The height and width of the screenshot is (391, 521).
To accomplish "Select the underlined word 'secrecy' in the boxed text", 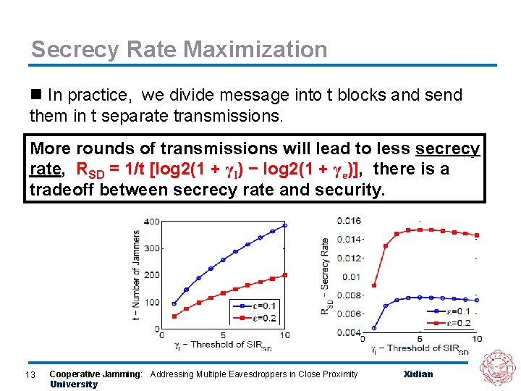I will [447, 149].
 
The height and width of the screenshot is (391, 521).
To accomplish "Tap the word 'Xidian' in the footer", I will [418, 374].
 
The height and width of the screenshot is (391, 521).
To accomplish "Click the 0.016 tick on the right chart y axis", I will [350, 220].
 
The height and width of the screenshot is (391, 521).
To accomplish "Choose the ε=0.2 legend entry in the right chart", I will [454, 323].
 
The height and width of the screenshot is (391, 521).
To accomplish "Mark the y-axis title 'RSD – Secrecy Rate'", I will [324, 275].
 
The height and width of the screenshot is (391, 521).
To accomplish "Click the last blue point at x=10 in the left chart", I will [284, 225].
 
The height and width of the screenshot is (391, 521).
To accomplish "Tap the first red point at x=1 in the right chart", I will [373, 285].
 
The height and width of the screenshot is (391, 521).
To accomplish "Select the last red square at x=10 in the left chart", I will [284, 274].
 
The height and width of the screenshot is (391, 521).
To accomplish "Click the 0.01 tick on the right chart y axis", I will [351, 277].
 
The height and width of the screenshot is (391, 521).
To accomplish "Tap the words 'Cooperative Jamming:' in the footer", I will [96, 374].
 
